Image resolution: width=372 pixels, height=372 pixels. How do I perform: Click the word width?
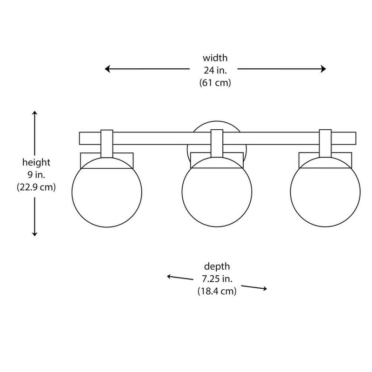pyautogui.click(x=215, y=58)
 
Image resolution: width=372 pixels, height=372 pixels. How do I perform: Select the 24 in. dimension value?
pyautogui.click(x=215, y=70)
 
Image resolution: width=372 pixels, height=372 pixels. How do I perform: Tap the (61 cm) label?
pyautogui.click(x=215, y=83)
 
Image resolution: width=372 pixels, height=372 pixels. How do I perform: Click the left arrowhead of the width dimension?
pyautogui.click(x=107, y=69)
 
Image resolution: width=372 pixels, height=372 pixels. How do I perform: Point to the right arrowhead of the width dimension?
pyautogui.click(x=323, y=69)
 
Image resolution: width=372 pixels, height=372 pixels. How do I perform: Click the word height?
pyautogui.click(x=36, y=162)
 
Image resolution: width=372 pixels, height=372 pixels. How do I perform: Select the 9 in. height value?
pyautogui.click(x=36, y=175)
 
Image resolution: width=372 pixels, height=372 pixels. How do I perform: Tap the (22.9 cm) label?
pyautogui.click(x=36, y=187)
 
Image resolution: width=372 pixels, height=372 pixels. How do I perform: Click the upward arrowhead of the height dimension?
pyautogui.click(x=34, y=113)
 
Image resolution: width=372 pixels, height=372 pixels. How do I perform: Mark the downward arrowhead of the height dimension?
pyautogui.click(x=34, y=234)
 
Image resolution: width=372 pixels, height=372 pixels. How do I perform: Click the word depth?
pyautogui.click(x=217, y=266)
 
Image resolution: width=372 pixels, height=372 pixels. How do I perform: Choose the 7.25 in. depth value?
pyautogui.click(x=217, y=279)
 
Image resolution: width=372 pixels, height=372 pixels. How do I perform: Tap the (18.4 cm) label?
pyautogui.click(x=217, y=291)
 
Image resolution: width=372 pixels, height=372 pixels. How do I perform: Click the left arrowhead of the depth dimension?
pyautogui.click(x=169, y=277)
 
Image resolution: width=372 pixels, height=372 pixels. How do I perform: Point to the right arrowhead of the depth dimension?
pyautogui.click(x=264, y=288)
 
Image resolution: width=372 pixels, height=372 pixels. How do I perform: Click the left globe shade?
pyautogui.click(x=107, y=192)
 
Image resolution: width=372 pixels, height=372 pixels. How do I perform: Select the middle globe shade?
pyautogui.click(x=217, y=192)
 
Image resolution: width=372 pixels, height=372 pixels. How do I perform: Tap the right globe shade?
pyautogui.click(x=325, y=192)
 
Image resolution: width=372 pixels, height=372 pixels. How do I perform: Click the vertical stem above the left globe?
pyautogui.click(x=107, y=144)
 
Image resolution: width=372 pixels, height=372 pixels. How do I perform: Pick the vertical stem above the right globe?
pyautogui.click(x=325, y=143)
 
